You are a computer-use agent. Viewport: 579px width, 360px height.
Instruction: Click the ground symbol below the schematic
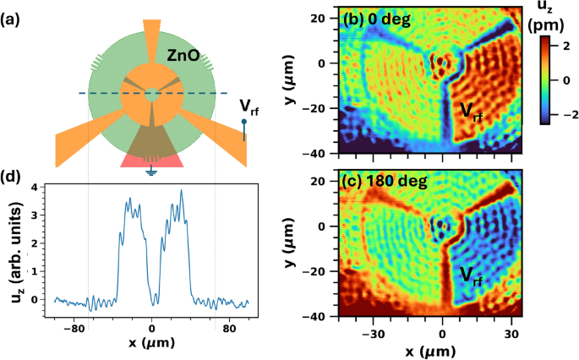pos(151,172)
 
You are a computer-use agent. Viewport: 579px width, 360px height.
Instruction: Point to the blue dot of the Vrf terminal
pos(245,122)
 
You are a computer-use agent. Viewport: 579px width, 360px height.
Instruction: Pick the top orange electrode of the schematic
pos(151,34)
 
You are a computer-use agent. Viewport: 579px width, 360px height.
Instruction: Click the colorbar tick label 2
pos(568,50)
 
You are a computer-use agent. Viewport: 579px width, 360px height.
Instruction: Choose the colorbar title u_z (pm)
pos(558,18)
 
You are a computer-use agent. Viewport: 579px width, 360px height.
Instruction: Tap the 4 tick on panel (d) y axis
pos(33,187)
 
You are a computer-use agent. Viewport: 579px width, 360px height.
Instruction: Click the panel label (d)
pos(16,177)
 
